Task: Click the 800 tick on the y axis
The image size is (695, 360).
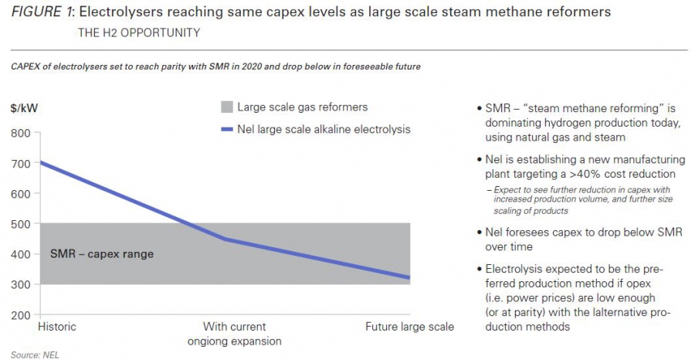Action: [x=20, y=134]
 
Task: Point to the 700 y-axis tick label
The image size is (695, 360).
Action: [x=20, y=164]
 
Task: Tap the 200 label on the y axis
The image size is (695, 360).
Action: [x=20, y=315]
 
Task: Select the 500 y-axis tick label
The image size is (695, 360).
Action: [x=20, y=224]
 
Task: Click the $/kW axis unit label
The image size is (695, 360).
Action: [x=24, y=108]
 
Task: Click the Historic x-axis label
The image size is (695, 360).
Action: [x=57, y=327]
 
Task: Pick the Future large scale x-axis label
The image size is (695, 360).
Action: [x=409, y=328]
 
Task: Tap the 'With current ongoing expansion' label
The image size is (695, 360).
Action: [x=235, y=334]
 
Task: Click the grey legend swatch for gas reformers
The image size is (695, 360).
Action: [x=226, y=107]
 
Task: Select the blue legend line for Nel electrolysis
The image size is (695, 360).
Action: [x=226, y=130]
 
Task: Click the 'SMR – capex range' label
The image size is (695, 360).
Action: [x=102, y=254]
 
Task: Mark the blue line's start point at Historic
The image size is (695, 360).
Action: [x=40, y=163]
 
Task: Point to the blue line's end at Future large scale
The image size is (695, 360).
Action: [x=409, y=278]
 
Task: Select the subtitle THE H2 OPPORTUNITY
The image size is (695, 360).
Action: [x=139, y=32]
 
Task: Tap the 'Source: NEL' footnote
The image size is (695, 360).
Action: [x=35, y=355]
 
